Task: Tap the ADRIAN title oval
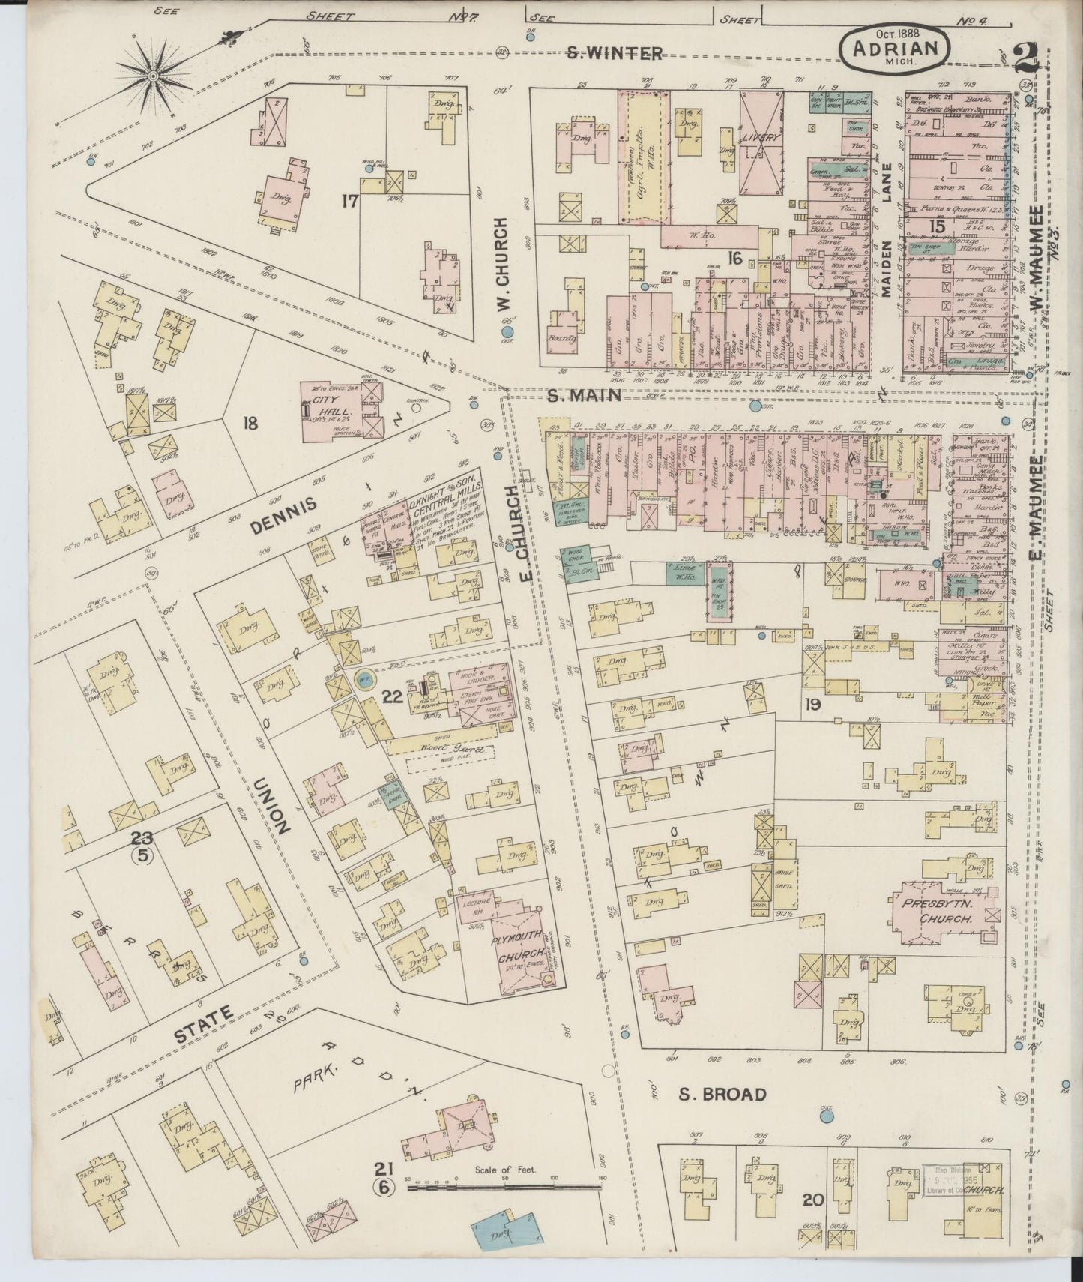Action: pos(896,49)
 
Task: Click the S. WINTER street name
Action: pos(614,53)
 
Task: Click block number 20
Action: pos(812,1200)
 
